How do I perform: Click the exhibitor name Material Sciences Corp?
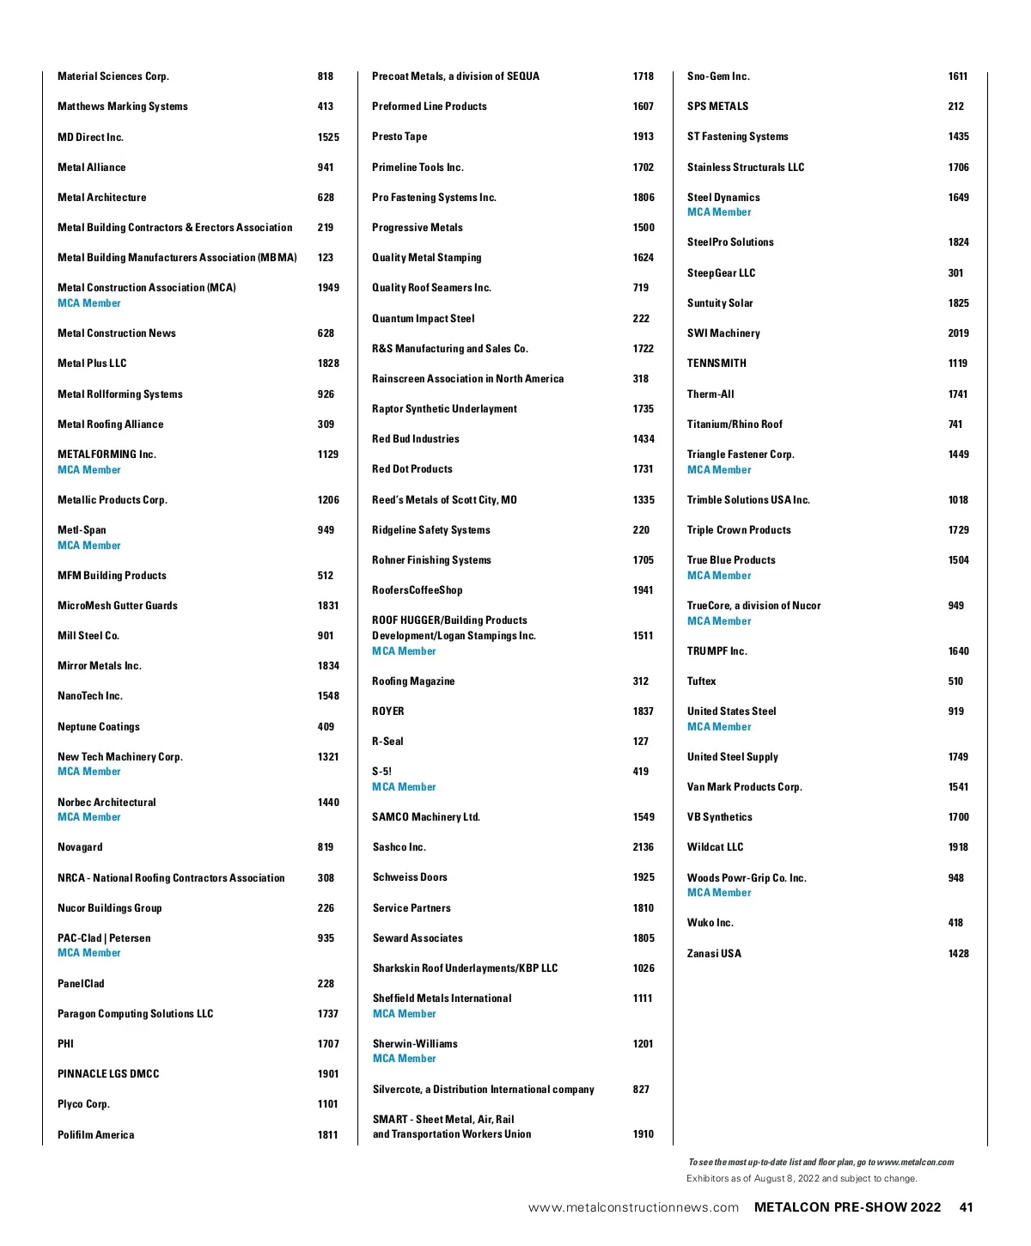point(113,76)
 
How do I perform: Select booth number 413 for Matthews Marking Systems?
point(326,107)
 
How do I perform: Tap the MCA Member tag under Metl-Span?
point(89,546)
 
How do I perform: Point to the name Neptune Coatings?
point(99,727)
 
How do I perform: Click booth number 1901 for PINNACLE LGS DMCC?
point(328,1074)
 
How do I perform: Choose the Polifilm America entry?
point(96,1135)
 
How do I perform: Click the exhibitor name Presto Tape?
point(400,137)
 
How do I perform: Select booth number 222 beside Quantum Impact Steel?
point(641,319)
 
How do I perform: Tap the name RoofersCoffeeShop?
point(418,590)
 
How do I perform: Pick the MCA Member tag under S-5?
point(405,787)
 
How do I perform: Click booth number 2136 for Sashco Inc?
point(644,847)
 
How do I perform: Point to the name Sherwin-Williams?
point(415,1044)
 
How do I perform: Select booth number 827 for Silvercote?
point(641,1090)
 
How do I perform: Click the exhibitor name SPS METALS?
point(718,107)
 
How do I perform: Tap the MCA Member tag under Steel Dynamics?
point(719,212)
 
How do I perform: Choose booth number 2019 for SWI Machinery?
point(959,333)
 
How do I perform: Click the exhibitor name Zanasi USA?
point(714,954)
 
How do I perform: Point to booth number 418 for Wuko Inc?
point(956,923)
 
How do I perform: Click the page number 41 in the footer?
point(967,1207)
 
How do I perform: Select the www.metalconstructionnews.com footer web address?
point(633,1208)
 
